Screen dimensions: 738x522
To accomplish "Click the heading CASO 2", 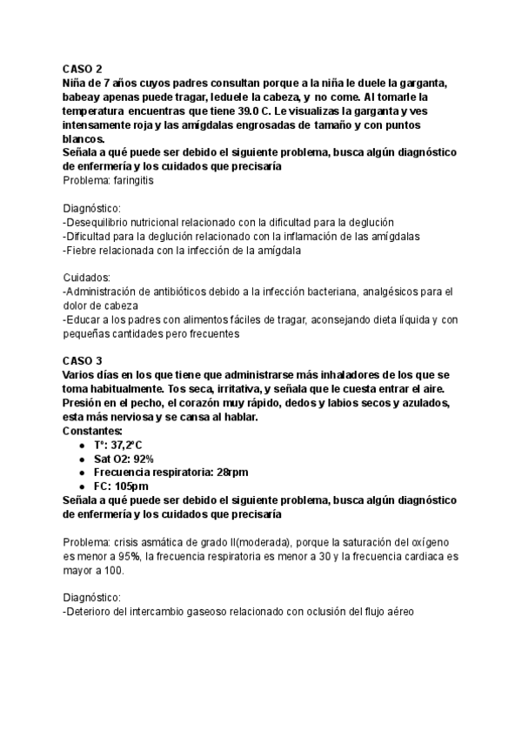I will tap(83, 69).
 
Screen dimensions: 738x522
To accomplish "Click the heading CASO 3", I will tap(83, 360).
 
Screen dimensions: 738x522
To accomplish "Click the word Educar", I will tap(84, 319).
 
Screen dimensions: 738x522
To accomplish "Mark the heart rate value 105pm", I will tap(131, 486).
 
